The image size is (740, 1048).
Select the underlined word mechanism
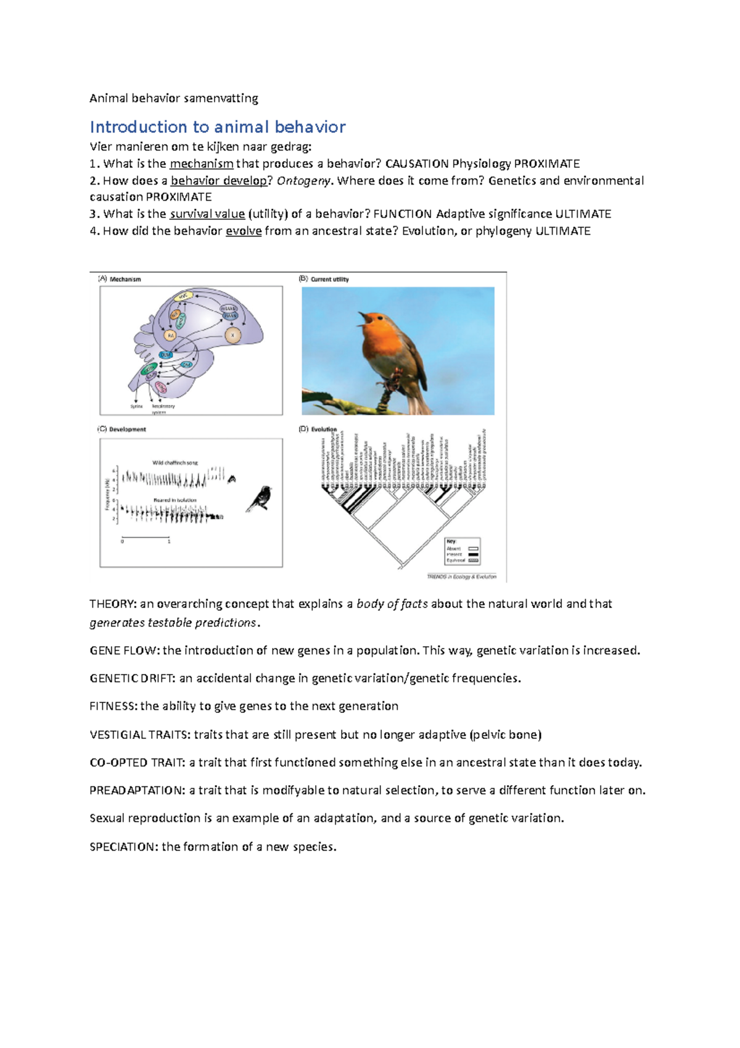coord(201,164)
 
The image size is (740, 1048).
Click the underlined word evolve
coord(244,231)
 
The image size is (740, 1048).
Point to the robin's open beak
coord(364,319)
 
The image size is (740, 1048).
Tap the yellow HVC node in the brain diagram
coord(183,297)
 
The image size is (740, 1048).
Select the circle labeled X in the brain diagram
coord(233,336)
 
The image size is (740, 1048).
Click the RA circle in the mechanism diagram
coord(171,336)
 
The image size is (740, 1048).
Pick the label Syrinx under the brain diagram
coord(136,407)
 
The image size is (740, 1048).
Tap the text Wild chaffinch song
coord(175,462)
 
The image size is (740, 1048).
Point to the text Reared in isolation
coord(175,500)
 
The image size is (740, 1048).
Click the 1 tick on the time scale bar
coord(169,541)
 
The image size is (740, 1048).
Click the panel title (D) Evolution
coord(318,429)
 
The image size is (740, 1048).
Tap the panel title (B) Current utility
coord(324,279)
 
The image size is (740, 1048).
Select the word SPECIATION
coord(123,847)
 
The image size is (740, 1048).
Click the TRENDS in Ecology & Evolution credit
coord(462,576)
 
